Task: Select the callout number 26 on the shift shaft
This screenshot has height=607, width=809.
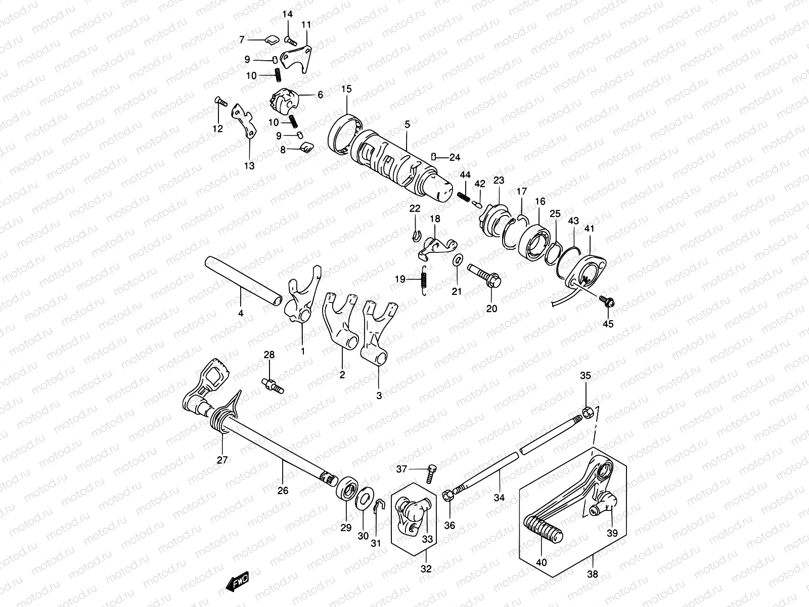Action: tap(283, 490)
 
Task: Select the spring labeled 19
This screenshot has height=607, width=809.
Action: tap(425, 279)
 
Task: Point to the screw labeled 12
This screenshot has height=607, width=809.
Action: tap(221, 102)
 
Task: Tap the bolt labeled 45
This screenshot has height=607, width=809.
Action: tap(607, 302)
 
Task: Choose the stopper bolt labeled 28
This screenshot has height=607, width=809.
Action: tap(273, 386)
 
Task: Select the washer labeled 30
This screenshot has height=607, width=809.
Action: tap(363, 499)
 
